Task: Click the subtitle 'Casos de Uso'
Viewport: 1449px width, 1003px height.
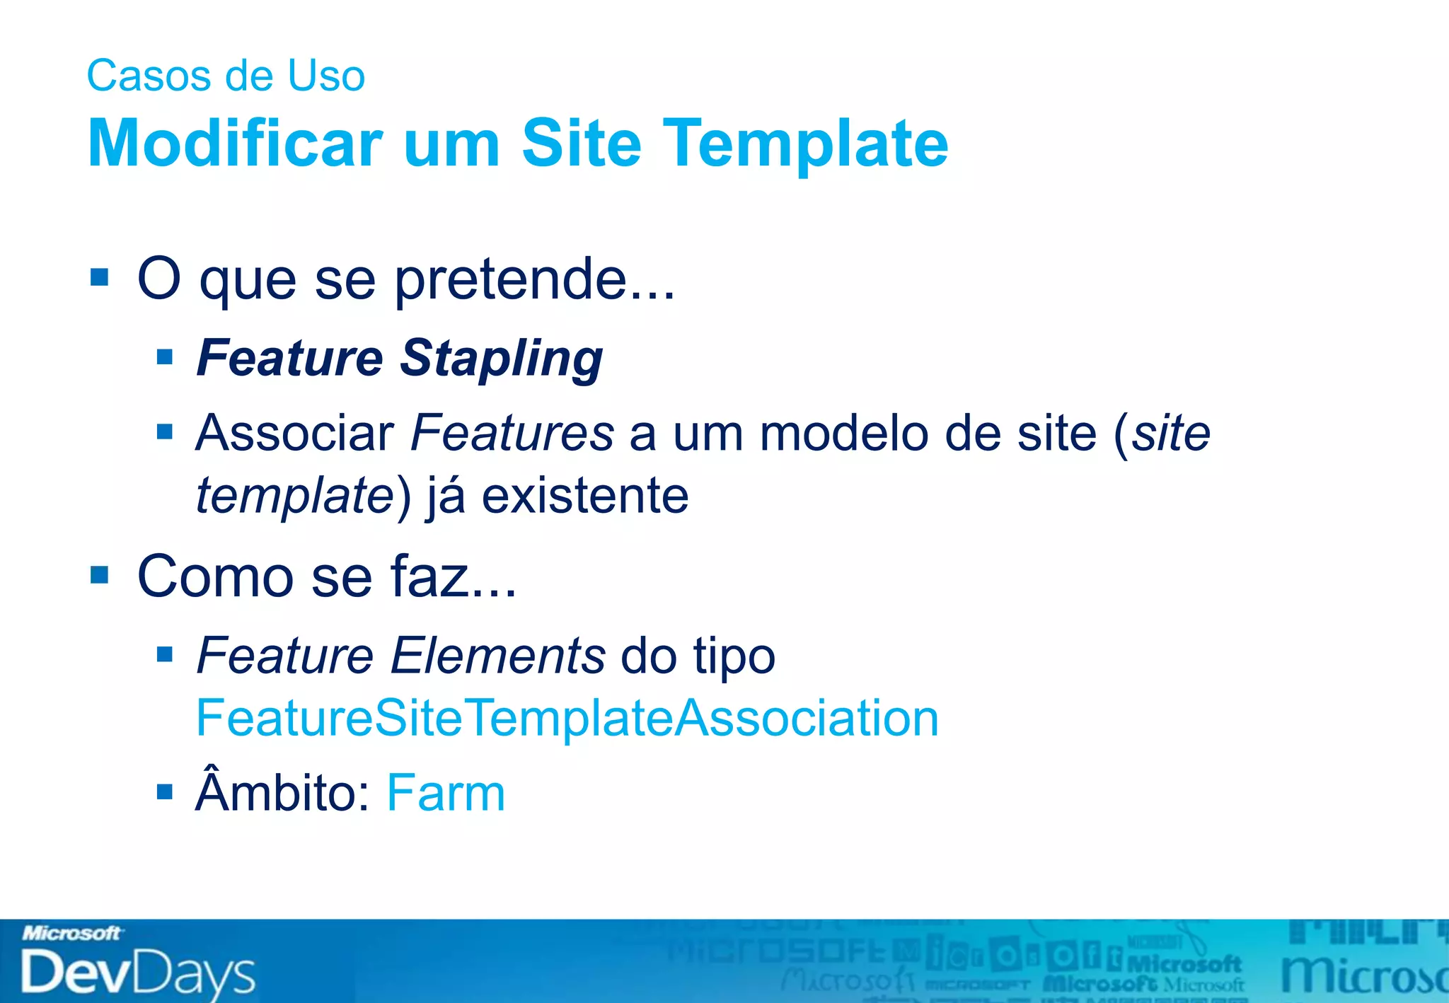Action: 226,76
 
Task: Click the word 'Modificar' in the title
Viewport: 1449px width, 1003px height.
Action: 235,144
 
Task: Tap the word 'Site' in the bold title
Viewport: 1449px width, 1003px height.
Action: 581,144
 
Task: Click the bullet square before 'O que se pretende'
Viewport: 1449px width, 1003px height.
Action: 100,277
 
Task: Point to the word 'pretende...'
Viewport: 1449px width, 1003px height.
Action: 534,281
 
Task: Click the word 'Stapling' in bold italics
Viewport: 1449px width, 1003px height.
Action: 501,359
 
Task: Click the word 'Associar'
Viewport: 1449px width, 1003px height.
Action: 295,433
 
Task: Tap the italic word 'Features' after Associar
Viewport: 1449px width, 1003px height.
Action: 512,433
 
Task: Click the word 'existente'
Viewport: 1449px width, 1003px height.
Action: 585,495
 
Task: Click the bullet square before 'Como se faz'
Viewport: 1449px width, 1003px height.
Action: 100,575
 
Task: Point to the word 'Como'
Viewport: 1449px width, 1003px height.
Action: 215,576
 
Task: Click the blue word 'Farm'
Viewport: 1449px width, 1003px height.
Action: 446,794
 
